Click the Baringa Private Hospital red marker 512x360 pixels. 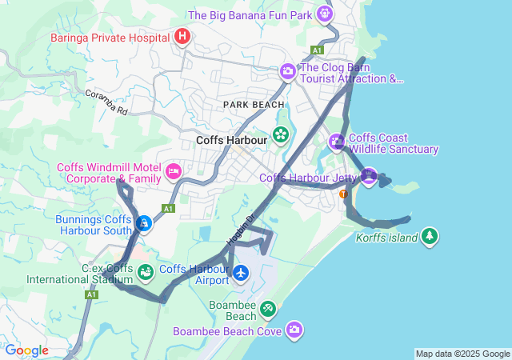pos(182,36)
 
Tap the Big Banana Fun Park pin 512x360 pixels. pos(324,13)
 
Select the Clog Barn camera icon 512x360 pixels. pos(287,72)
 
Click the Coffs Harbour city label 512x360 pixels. pos(230,139)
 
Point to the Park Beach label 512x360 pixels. pos(254,105)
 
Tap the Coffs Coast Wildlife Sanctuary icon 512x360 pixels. pos(337,142)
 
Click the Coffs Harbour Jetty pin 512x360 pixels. pos(368,176)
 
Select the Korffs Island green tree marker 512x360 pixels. pos(430,236)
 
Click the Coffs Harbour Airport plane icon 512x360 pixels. pos(241,274)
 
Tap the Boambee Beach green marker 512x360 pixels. pos(268,308)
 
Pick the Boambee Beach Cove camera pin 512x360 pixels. pos(295,330)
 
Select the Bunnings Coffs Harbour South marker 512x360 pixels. pos(144,224)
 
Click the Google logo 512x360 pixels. pos(26,350)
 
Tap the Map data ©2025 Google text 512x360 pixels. pos(462,354)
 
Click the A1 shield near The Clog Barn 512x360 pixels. pos(318,50)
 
